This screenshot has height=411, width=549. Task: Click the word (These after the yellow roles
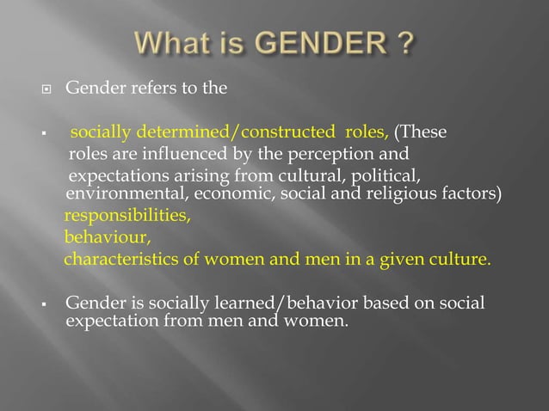pyautogui.click(x=420, y=132)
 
